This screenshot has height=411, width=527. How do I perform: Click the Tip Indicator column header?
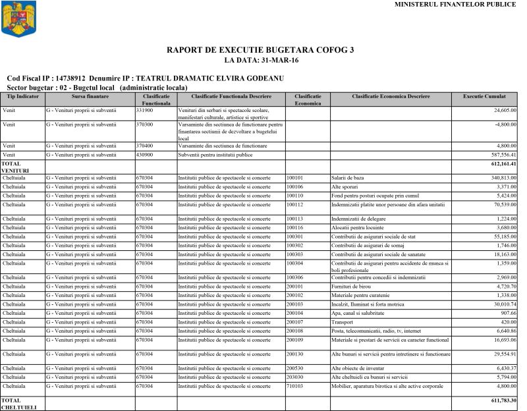point(23,97)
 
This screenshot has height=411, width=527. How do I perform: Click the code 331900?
point(144,110)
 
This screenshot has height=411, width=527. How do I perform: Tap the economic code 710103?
point(295,386)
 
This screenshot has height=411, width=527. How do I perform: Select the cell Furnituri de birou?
point(352,288)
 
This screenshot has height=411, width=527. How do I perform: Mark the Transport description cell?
point(343,322)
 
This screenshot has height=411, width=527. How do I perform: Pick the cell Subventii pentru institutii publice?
point(216,155)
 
